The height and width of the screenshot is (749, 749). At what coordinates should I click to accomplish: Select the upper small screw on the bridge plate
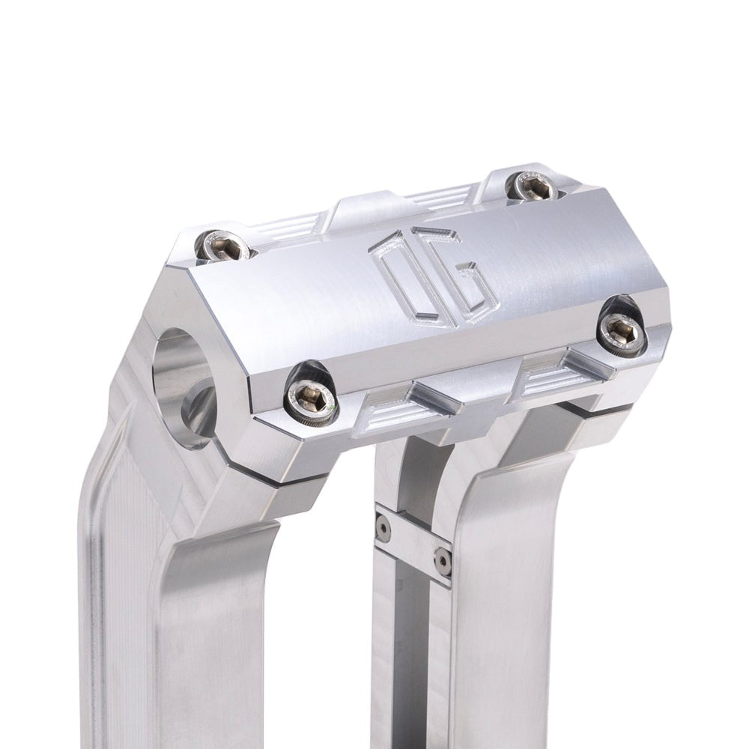383,529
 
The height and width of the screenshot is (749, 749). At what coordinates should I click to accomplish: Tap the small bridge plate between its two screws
413,543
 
